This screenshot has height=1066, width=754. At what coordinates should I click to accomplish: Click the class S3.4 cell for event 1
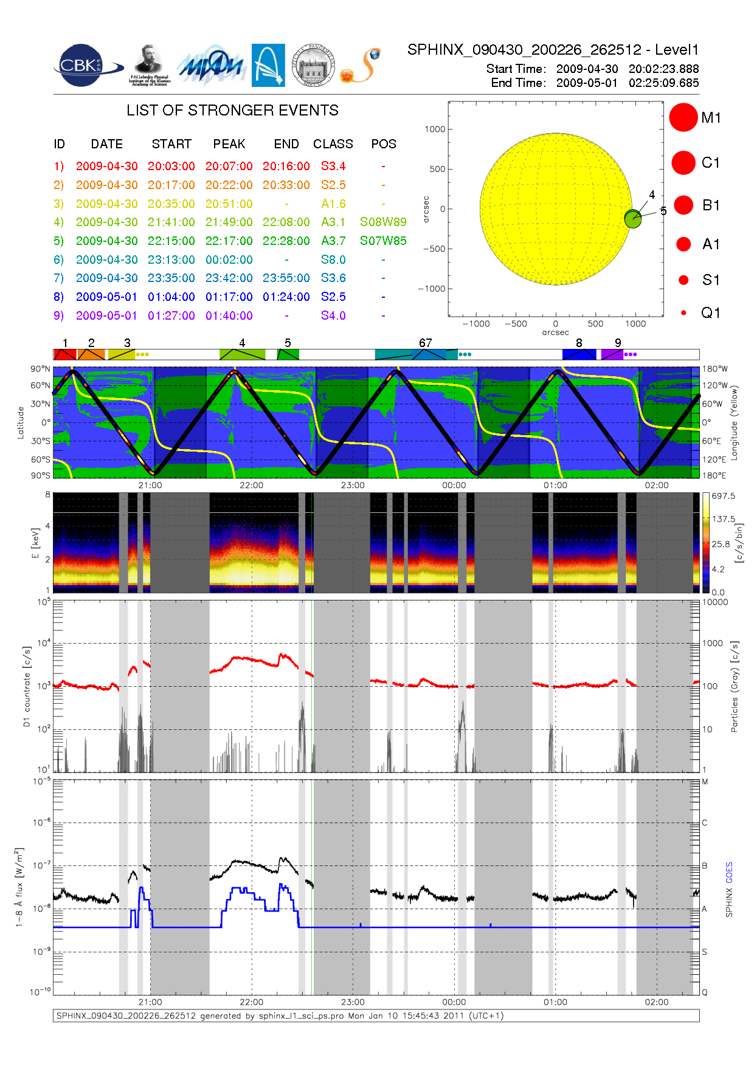333,166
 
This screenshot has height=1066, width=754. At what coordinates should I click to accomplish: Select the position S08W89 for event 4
383,222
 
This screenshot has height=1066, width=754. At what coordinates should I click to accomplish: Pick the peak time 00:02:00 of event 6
229,260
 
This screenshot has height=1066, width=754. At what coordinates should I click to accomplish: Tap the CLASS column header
333,144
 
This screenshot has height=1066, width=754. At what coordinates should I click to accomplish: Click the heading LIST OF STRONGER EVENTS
232,110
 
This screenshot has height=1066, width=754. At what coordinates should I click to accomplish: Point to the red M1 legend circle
683,117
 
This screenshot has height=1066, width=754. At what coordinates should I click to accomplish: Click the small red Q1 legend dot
683,313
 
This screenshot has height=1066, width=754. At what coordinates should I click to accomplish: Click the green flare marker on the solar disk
633,219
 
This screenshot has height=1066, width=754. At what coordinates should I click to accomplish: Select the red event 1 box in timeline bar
64,354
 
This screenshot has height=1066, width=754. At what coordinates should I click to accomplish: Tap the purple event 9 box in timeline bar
612,354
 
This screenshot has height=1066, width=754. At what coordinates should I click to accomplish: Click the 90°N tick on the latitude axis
40,369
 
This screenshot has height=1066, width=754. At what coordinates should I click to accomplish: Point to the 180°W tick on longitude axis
714,369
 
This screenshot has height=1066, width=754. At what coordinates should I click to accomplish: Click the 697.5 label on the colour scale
723,496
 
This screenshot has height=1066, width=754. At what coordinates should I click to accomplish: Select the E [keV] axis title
35,543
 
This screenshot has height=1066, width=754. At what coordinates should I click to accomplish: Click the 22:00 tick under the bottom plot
251,1002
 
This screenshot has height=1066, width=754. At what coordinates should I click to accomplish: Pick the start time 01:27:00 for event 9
171,315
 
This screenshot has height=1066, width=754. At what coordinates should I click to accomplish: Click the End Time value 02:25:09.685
663,83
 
